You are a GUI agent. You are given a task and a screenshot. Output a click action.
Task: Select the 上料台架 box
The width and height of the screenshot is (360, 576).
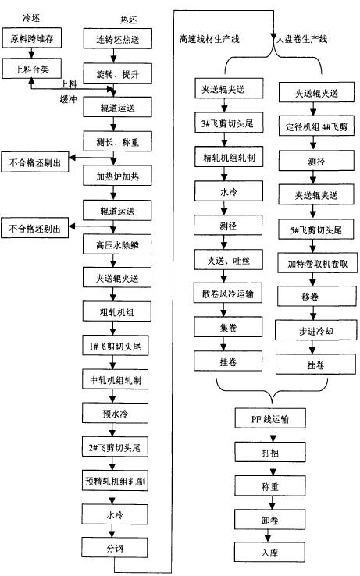pos(31,68)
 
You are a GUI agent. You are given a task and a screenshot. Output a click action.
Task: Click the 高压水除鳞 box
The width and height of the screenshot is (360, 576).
pos(115,244)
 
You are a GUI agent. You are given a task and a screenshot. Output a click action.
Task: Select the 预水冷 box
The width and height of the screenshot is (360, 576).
pos(115,411)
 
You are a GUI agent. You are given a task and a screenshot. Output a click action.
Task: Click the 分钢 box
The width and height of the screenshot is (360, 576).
pos(115,547)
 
